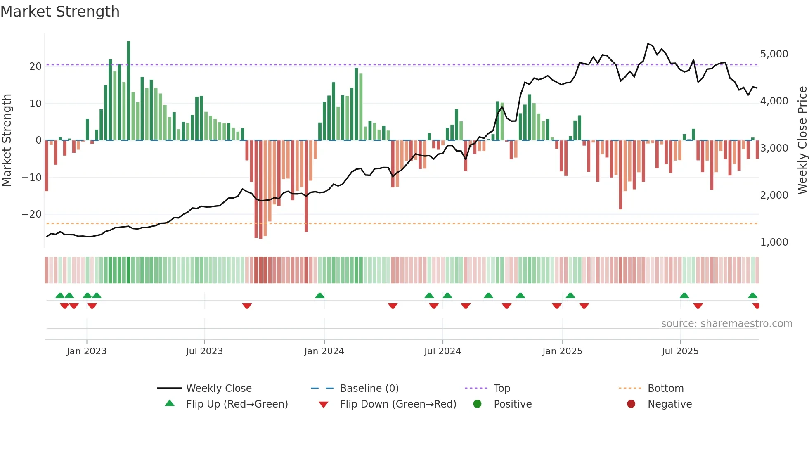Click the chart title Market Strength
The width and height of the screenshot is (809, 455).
click(60, 12)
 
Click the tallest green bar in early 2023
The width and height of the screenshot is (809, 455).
click(128, 90)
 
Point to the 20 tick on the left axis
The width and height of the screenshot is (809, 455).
click(35, 66)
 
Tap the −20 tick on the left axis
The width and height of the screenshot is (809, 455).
click(32, 214)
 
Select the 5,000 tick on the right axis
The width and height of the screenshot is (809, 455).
click(774, 54)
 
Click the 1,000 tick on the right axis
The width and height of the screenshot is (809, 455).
click(774, 242)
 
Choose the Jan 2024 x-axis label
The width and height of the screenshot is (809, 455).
click(324, 351)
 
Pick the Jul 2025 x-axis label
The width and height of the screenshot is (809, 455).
click(680, 351)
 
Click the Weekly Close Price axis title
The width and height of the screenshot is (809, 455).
click(802, 140)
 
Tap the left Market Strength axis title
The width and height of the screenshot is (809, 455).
click(7, 140)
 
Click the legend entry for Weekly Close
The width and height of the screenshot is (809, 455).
click(218, 389)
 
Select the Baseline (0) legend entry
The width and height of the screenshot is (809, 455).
click(369, 389)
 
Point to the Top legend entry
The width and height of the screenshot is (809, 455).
click(501, 389)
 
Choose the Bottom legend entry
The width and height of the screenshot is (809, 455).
click(665, 389)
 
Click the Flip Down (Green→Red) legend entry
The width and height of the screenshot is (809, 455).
click(397, 404)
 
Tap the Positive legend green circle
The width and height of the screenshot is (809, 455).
click(478, 404)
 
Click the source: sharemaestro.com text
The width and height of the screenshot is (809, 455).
click(726, 324)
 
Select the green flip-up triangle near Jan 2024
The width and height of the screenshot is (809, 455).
click(320, 295)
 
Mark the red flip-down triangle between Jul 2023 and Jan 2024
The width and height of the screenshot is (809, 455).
click(247, 306)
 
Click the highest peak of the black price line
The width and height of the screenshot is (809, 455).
click(648, 44)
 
